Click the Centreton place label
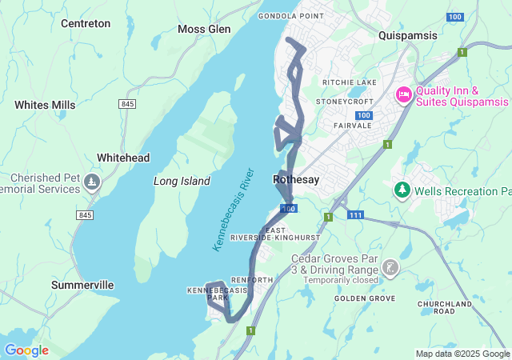point(86,23)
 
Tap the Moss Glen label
point(204,30)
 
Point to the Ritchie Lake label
point(349,82)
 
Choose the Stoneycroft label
point(345,102)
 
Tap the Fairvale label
point(350,125)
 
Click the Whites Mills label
point(45,105)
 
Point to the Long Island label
point(182,182)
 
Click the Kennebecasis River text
point(233,210)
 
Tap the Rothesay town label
point(296,180)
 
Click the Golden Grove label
point(365,298)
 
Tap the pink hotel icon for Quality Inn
point(404,95)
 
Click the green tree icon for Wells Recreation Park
point(402,190)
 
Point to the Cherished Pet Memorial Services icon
point(94,182)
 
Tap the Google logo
point(26,350)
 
